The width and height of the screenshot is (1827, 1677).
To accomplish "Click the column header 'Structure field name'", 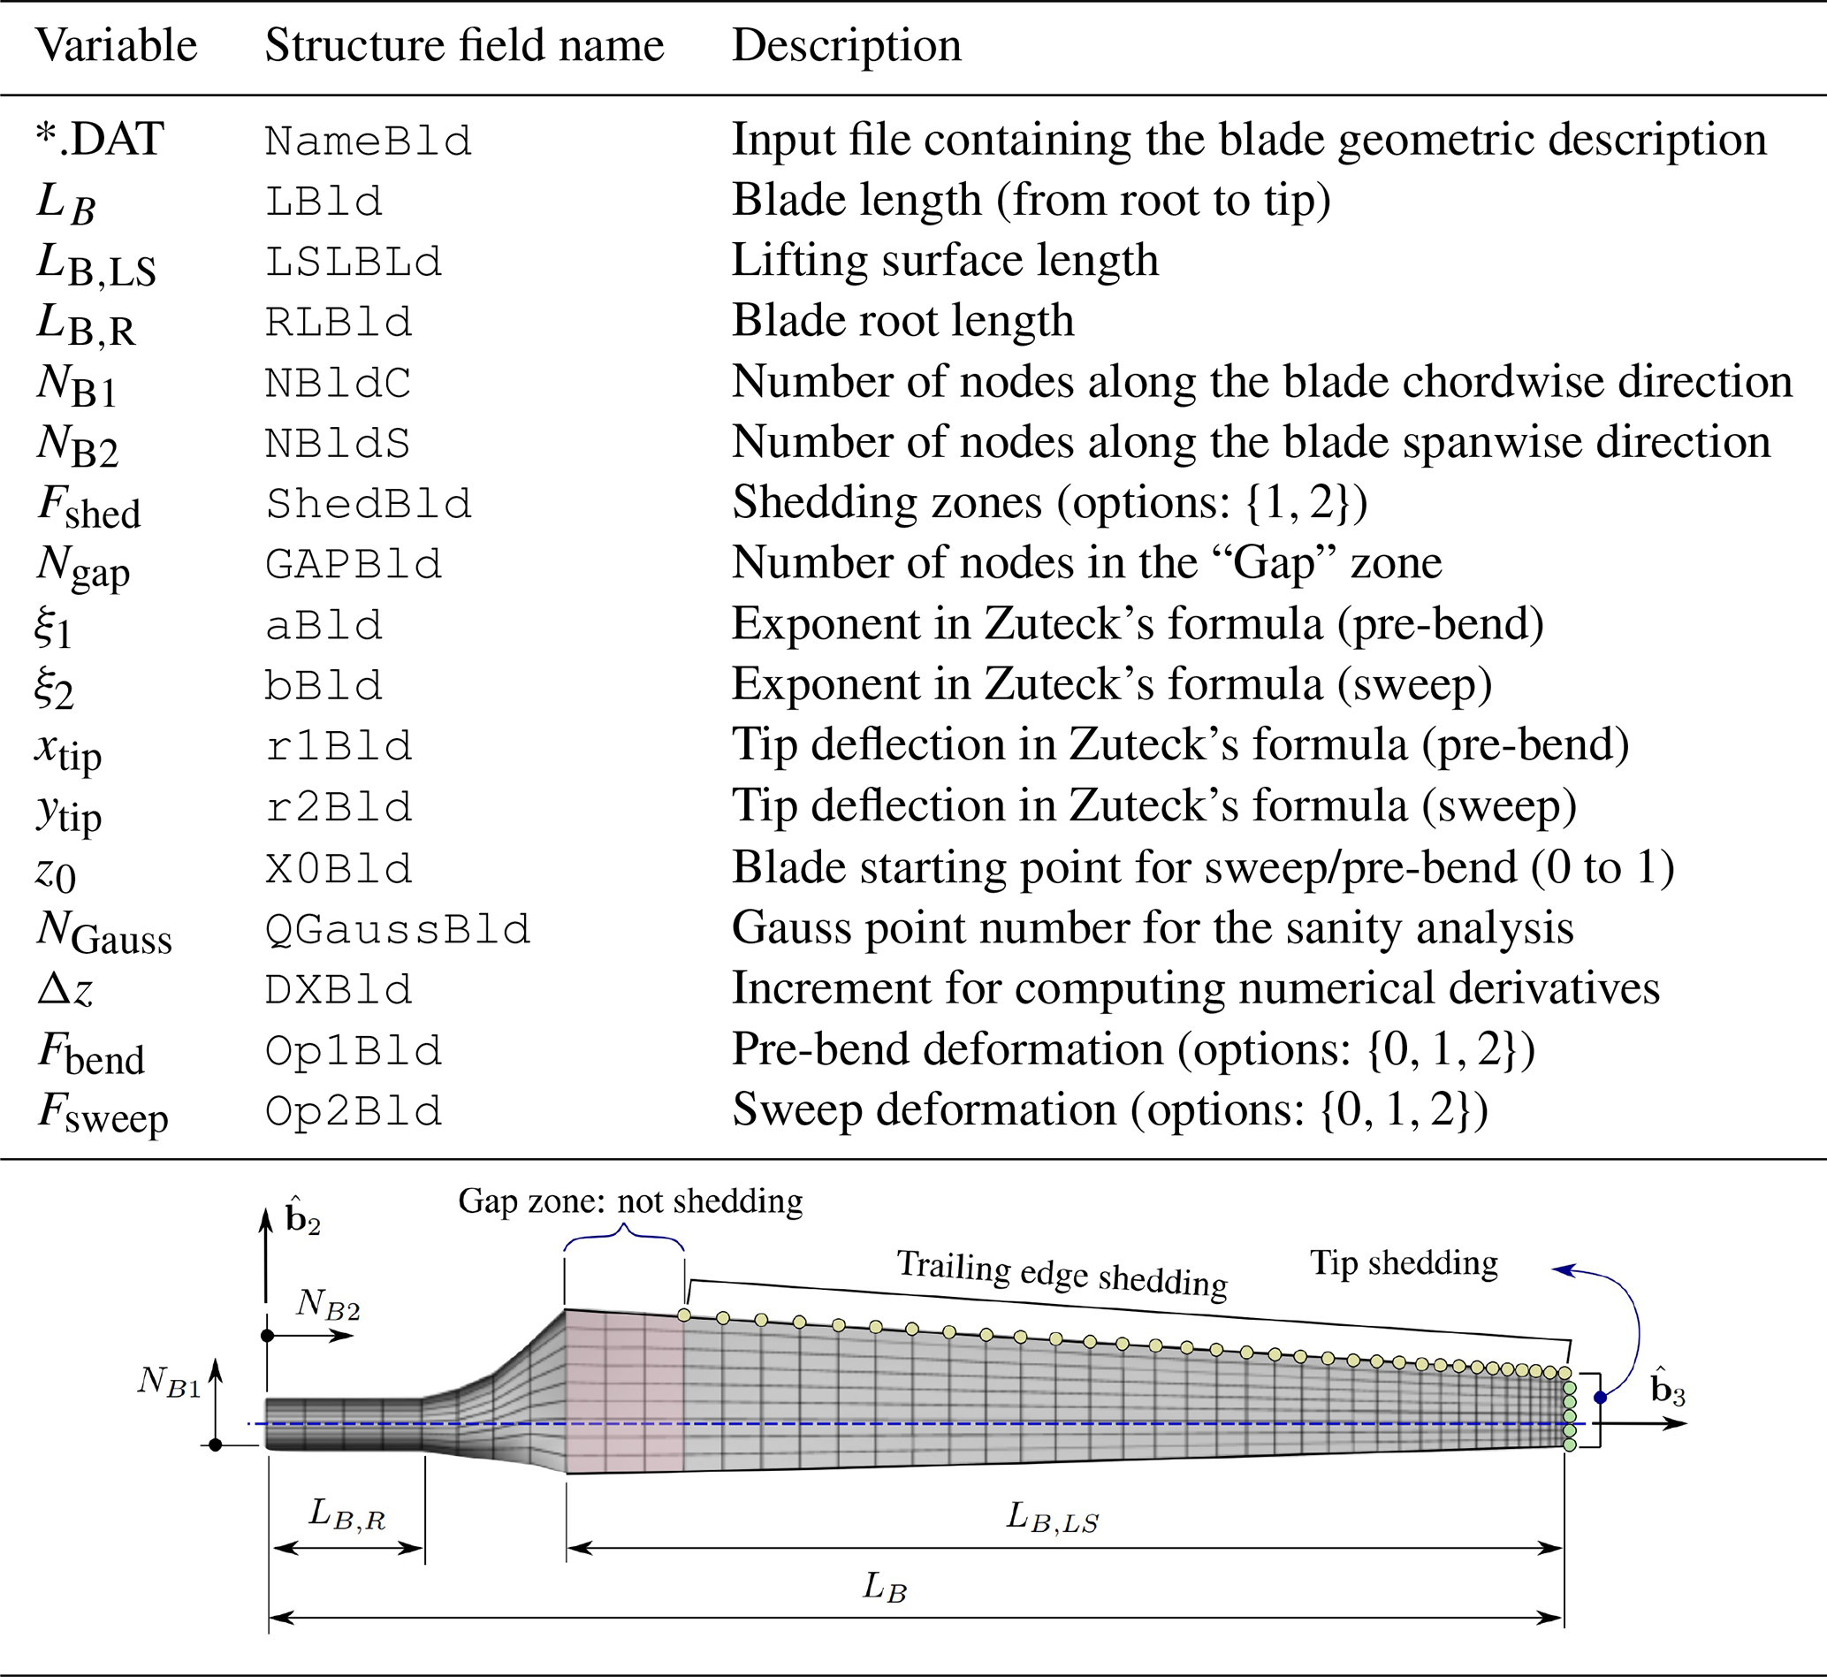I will coord(463,45).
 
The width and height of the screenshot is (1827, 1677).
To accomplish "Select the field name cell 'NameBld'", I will coord(368,141).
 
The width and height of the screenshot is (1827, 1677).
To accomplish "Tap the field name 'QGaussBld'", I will coord(398,928).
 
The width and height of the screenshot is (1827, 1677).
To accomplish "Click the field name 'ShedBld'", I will coord(368,504).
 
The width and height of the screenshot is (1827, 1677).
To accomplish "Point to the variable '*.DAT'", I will coord(100,140).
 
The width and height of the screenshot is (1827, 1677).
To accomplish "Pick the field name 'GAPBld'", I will coord(353,564).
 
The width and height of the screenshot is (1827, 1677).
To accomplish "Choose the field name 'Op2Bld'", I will coord(353,1110).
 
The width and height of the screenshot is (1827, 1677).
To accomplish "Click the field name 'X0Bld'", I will coord(339,868).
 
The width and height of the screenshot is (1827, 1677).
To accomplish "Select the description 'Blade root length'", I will coord(902,320).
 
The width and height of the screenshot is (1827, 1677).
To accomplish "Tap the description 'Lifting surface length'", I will coord(944,261).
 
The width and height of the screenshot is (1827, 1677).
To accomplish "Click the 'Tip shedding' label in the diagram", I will coord(1404,1262).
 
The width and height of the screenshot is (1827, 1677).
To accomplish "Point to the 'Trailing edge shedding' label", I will coord(1062,1272).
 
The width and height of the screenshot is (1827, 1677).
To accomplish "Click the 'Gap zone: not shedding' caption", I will coord(629,1201).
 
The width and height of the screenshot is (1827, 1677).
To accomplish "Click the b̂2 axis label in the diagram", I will coord(301,1218).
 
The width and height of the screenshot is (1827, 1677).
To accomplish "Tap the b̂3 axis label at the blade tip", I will coord(1667,1389).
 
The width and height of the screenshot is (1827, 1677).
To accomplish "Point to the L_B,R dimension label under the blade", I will coord(346,1513).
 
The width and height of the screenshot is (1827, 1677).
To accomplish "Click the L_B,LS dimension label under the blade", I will coord(1053,1516).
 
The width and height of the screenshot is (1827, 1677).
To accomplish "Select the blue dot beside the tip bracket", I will coord(1600,1398).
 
